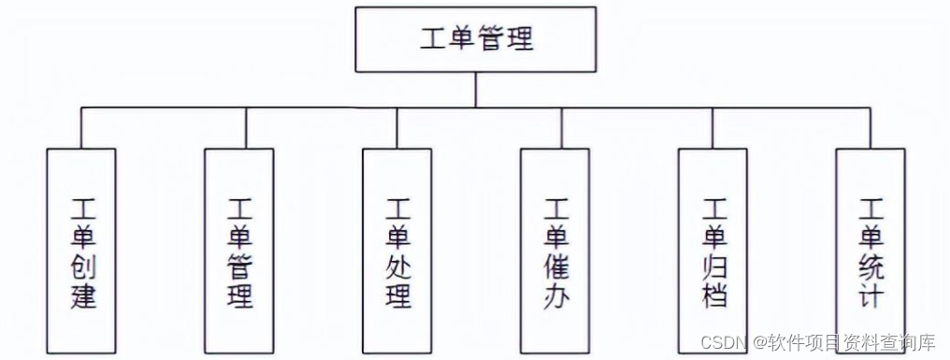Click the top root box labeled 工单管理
[476, 40]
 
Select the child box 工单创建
[81, 252]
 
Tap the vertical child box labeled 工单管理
[239, 252]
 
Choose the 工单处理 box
[397, 252]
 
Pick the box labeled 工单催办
[555, 252]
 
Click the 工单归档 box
[712, 252]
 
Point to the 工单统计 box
[871, 252]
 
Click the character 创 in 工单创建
[82, 268]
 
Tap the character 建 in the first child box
[82, 298]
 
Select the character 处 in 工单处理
[398, 268]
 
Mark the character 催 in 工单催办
[556, 268]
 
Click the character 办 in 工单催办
[556, 298]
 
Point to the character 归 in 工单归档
[713, 268]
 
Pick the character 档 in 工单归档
[713, 298]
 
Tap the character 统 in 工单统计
[871, 268]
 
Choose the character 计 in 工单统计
[871, 298]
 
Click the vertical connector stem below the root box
[476, 90]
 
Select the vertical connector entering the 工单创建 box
[81, 128]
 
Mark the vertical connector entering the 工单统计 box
[871, 128]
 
